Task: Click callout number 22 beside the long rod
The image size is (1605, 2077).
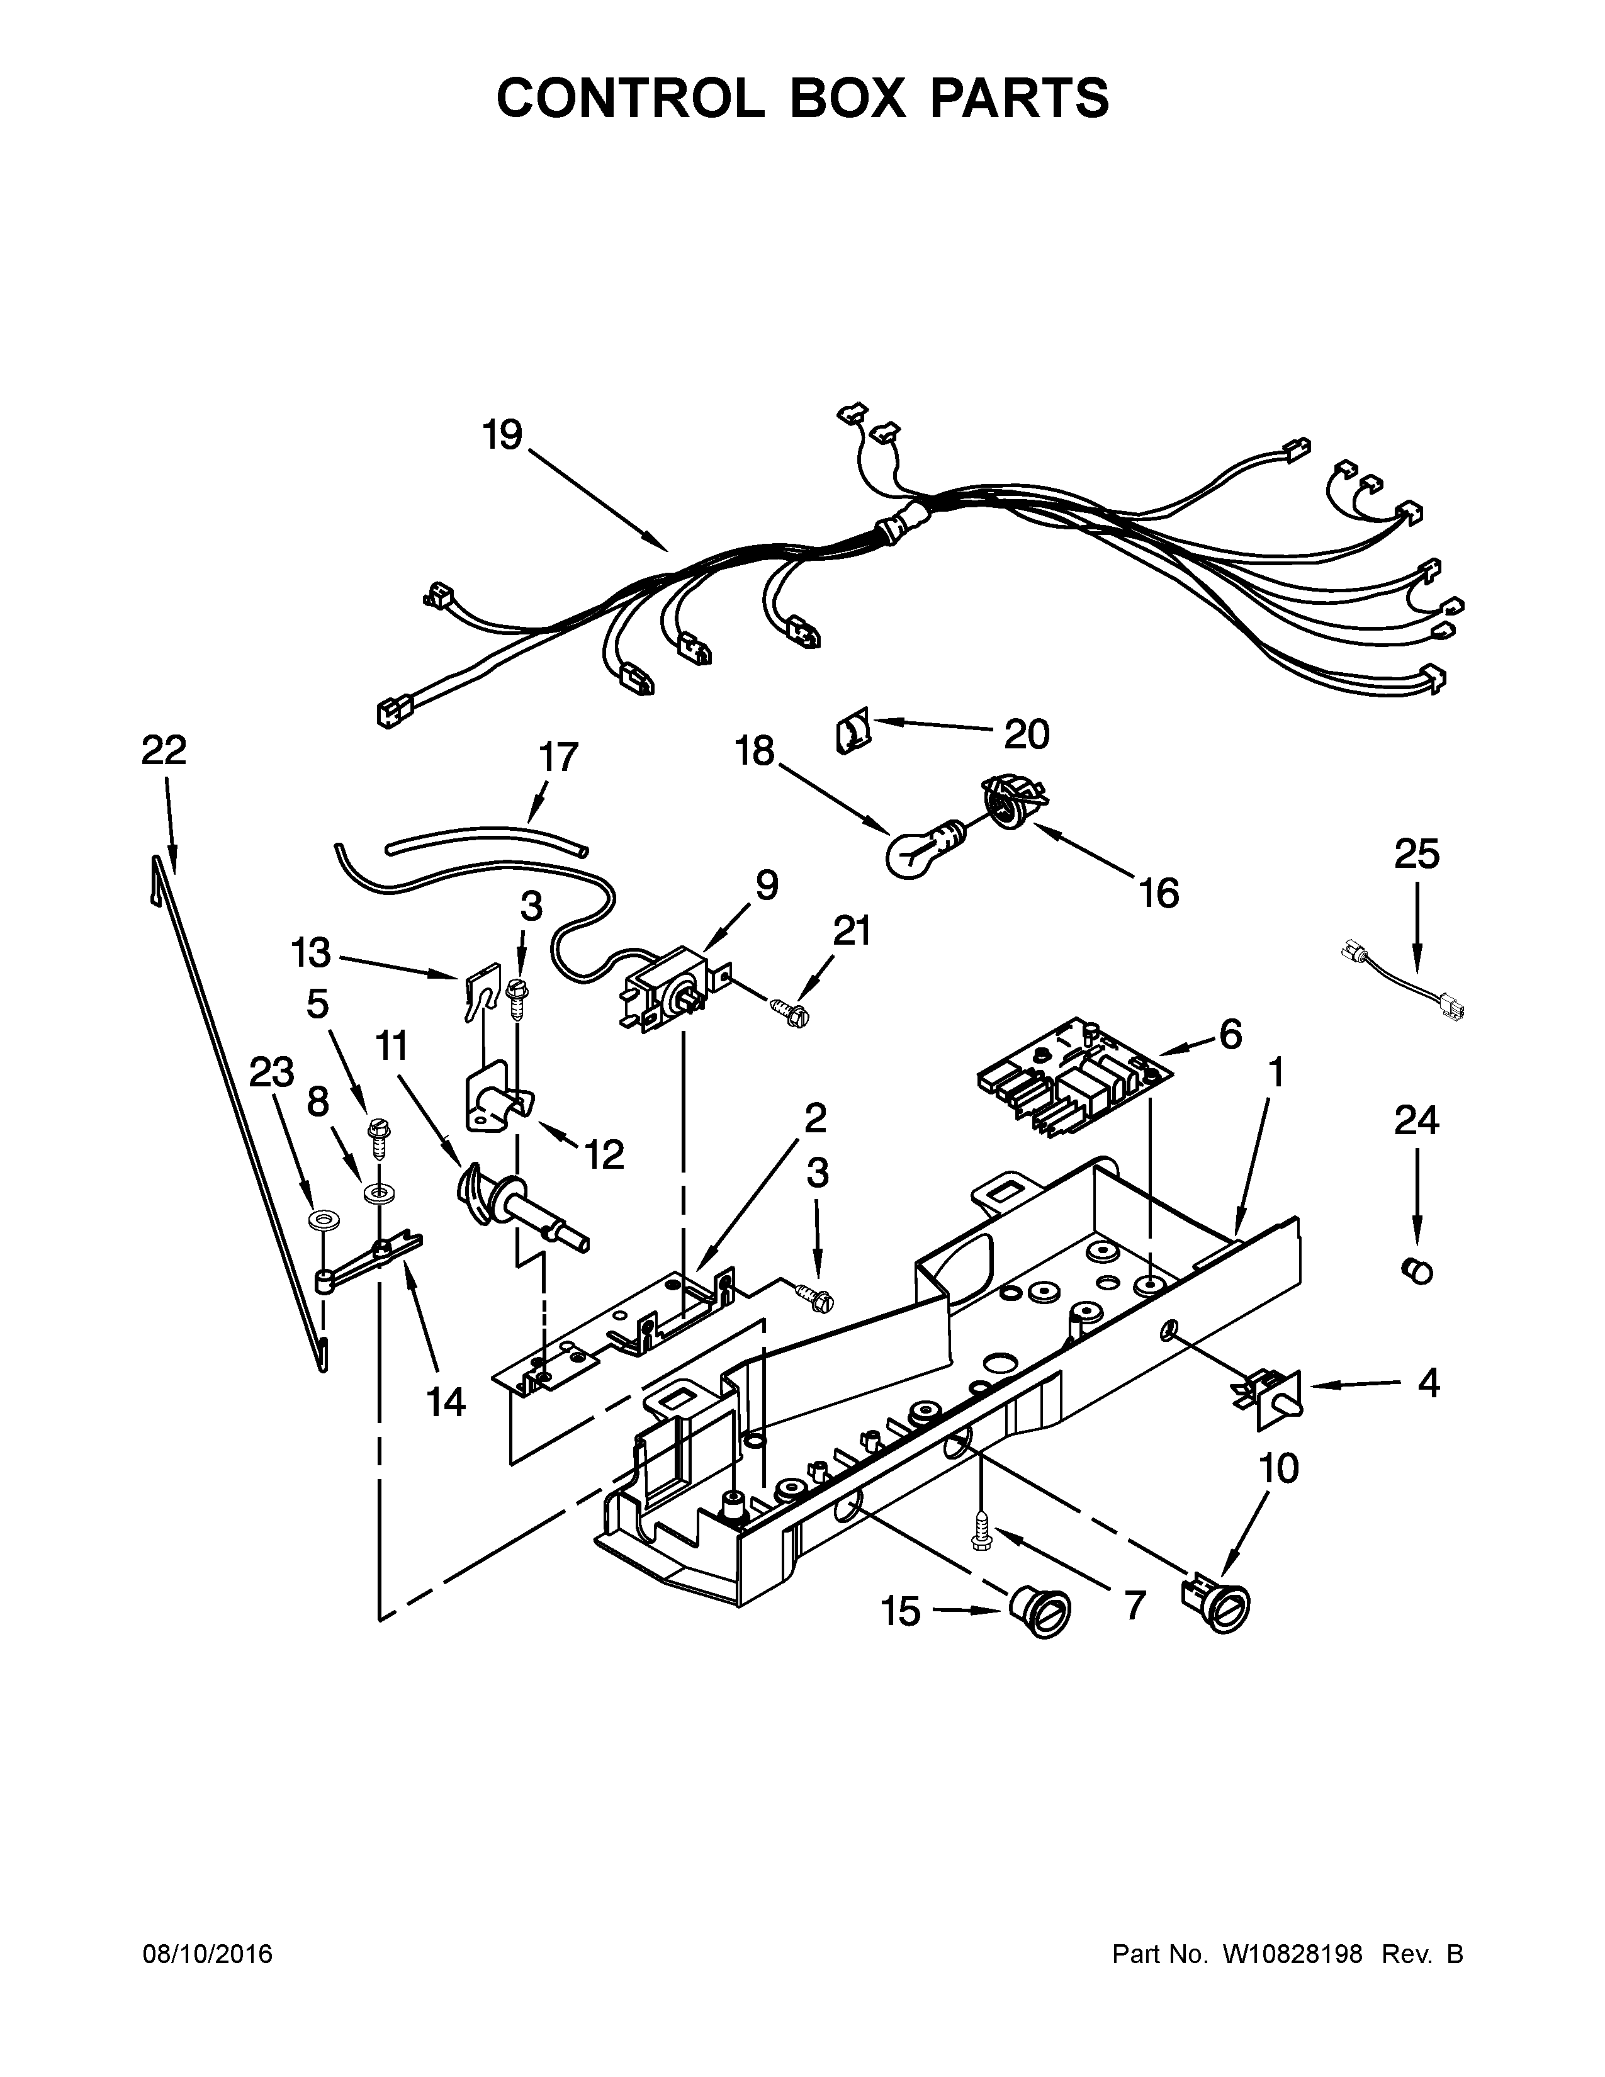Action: pyautogui.click(x=164, y=751)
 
